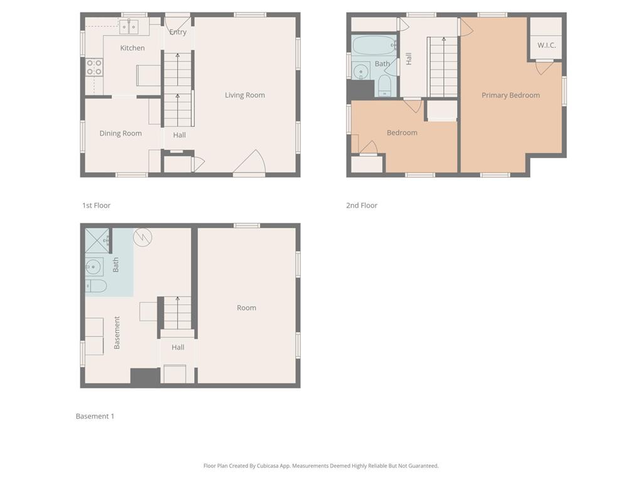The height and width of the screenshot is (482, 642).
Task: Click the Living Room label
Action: point(245,95)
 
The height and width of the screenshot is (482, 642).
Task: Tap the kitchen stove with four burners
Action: point(94,67)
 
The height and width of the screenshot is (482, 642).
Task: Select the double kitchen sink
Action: point(129,26)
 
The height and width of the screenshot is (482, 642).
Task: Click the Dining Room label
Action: point(120,133)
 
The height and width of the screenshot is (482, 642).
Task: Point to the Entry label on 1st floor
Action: point(177,32)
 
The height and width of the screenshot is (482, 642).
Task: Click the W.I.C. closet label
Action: point(547,45)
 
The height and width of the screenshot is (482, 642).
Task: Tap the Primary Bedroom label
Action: point(510,95)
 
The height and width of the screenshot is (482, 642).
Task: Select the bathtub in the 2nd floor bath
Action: point(374,45)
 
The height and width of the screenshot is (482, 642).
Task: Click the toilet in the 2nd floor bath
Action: point(385,85)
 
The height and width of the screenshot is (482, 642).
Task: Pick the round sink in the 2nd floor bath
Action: point(361,72)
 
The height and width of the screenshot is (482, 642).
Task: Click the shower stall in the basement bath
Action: point(97,240)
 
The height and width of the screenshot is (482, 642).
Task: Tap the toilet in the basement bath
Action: point(96,286)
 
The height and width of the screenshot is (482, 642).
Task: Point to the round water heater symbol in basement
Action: point(142,237)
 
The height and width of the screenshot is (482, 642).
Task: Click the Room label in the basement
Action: point(246,308)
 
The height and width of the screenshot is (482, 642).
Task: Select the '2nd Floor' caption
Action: point(362,205)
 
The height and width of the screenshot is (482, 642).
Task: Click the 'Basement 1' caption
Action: point(95,417)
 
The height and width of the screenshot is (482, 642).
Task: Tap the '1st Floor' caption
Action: point(96,205)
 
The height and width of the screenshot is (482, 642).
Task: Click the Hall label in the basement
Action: point(177,347)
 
